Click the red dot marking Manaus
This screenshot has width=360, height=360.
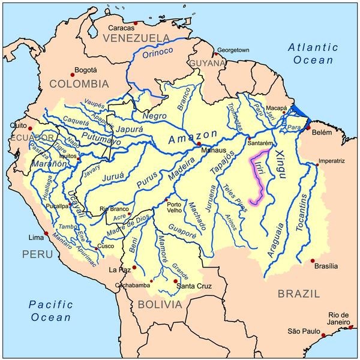click(x=199, y=144)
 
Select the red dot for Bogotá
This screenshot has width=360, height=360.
click(x=73, y=74)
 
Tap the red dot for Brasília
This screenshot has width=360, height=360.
click(x=312, y=260)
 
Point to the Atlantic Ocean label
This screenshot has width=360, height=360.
click(x=310, y=53)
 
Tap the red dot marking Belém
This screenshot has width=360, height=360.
click(x=308, y=128)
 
